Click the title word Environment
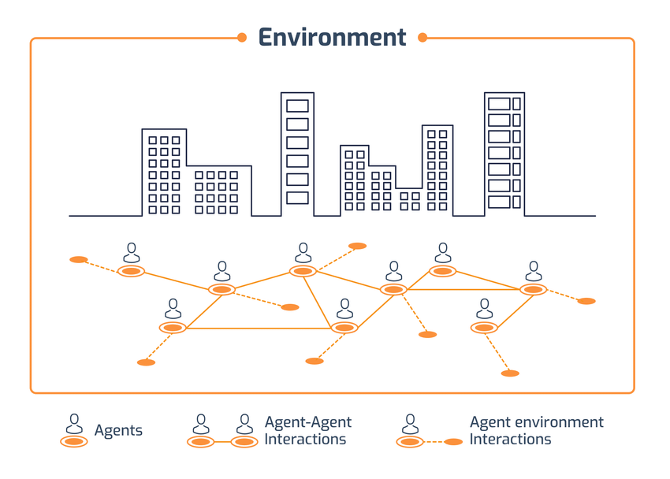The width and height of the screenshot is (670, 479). tap(332, 37)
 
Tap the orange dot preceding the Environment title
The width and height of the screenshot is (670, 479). tap(242, 37)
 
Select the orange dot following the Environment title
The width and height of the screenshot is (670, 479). tap(422, 37)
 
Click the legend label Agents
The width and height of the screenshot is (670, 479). tap(118, 430)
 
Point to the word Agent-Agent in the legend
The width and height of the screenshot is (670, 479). tap(308, 422)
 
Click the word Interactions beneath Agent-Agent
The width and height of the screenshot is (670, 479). tap(305, 439)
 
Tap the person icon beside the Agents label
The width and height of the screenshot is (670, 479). tap(74, 425)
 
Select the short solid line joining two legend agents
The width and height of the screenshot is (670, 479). tap(222, 442)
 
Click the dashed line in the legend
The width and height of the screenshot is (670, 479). tap(432, 442)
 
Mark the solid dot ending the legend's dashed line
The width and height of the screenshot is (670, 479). tap(453, 442)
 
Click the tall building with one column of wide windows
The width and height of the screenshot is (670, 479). tap(297, 154)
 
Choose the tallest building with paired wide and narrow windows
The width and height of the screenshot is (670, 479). tap(504, 154)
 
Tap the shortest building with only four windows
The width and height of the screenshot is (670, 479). tap(410, 201)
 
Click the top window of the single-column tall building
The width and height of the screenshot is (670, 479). tap(297, 106)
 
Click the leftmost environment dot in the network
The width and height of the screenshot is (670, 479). tap(79, 259)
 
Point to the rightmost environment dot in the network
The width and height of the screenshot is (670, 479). tap(586, 301)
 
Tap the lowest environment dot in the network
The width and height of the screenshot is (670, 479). tap(510, 373)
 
